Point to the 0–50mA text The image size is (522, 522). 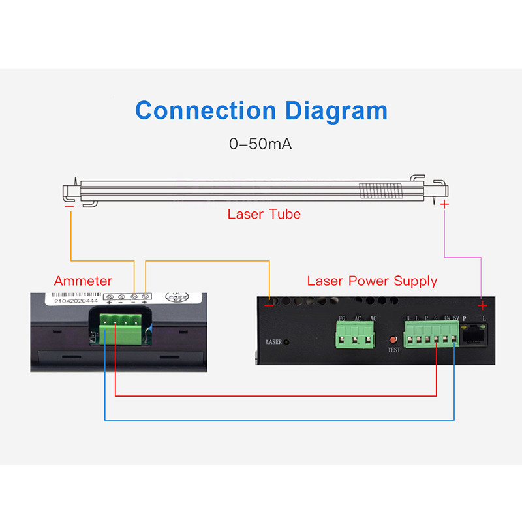point(260,144)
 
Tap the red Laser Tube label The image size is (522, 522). point(264,214)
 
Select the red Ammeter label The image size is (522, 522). point(83,281)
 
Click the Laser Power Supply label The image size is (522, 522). point(372,281)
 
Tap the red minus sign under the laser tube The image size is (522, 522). point(69,207)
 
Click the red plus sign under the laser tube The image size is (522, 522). point(444,205)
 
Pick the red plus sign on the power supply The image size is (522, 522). point(482,305)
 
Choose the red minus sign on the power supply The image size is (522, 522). point(269,303)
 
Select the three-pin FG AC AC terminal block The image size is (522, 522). point(356,335)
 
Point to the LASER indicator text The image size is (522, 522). point(274,341)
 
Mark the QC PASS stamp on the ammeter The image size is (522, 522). point(173,299)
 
